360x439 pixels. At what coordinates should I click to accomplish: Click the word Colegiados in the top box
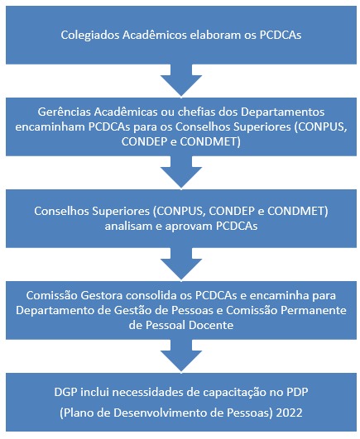point(90,36)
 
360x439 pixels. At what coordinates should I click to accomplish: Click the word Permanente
point(316,310)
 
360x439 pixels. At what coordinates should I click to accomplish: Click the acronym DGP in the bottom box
point(65,392)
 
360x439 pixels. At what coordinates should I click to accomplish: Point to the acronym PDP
point(297,392)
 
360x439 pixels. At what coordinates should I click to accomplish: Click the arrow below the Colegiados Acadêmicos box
point(181,80)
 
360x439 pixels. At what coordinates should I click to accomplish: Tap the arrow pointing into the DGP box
point(181,355)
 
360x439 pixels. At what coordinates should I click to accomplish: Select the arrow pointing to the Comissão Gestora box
point(181,264)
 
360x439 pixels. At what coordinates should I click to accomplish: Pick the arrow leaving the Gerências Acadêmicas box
point(181,172)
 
